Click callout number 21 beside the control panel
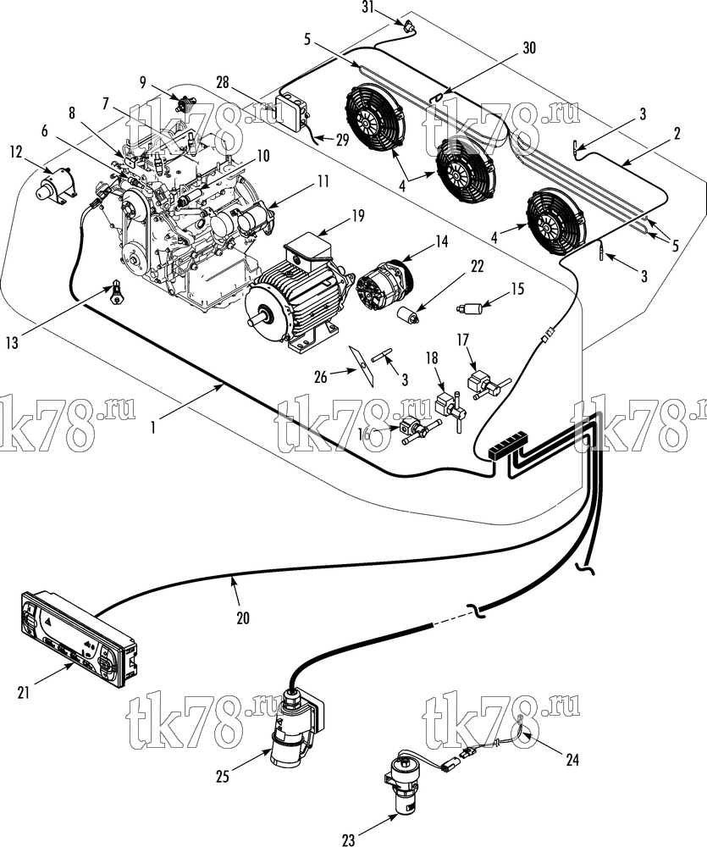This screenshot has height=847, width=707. (23, 693)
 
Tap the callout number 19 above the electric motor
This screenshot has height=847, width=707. (358, 217)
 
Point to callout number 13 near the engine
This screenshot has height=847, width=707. (13, 342)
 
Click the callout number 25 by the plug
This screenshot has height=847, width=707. (223, 777)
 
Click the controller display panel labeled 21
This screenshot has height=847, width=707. (80, 639)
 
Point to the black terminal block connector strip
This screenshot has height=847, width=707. (506, 445)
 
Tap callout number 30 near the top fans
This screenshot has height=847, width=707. (529, 47)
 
